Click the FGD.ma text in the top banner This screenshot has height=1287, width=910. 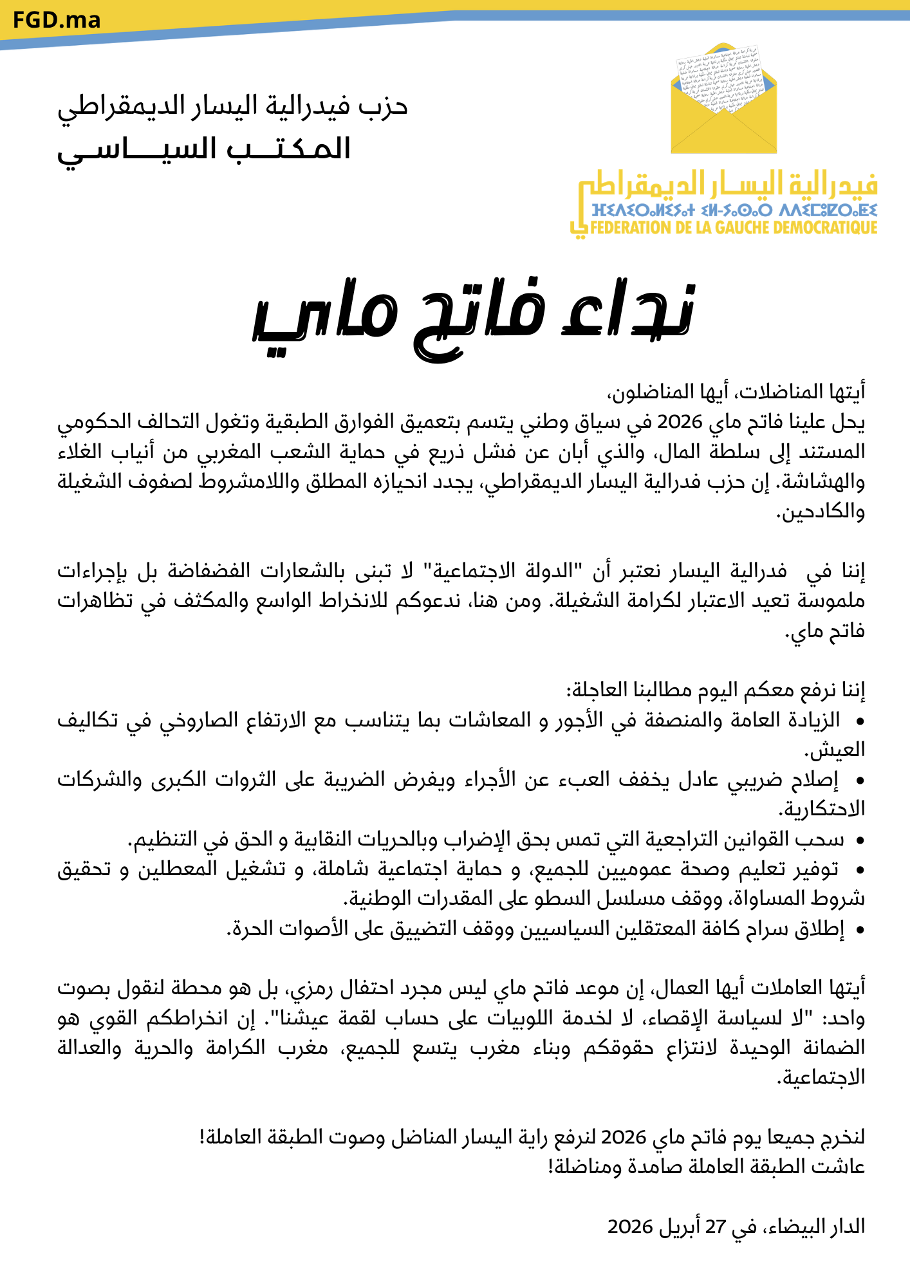57,21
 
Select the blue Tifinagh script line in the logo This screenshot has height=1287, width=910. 734,210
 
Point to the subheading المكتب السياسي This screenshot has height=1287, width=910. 204,150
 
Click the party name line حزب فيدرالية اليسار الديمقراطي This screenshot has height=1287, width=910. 233,106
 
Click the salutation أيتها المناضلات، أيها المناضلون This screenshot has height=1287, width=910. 736,392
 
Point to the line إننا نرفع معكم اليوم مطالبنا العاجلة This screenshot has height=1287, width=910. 716,690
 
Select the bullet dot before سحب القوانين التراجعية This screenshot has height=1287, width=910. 859,840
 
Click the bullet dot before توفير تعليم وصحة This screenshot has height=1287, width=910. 859,870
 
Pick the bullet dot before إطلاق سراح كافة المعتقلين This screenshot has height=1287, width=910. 859,930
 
